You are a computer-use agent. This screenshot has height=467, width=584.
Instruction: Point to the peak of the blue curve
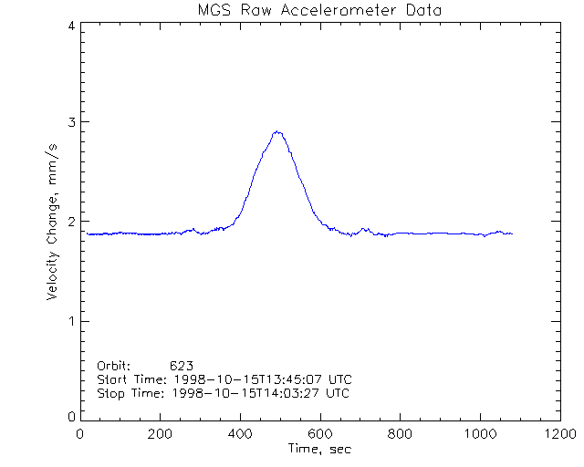coord(277,131)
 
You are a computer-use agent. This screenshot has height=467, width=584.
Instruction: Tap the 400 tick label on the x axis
coord(240,434)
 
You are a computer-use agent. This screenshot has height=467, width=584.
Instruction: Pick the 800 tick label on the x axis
coord(400,434)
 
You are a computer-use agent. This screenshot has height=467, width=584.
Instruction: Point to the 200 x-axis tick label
coord(161,434)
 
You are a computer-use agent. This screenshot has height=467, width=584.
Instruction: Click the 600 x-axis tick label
coord(320,434)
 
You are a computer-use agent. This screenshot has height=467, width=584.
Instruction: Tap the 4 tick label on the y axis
coord(71,26)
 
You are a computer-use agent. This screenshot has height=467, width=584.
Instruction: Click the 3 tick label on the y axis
coord(71,122)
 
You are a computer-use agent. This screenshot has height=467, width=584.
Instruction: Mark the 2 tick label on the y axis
coord(71,222)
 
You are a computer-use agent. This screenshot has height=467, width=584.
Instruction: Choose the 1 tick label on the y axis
coord(71,321)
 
